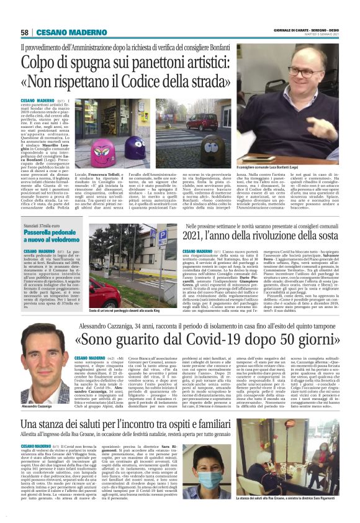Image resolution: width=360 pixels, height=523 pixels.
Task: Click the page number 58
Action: pos(24,32)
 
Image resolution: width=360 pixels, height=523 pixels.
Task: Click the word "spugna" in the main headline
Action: pos(86,64)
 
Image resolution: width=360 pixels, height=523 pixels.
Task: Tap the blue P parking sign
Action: pos(145,237)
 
